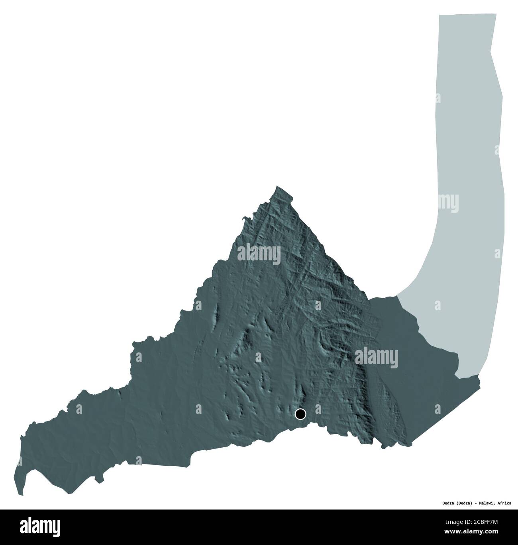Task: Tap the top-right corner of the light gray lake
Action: coord(496,14)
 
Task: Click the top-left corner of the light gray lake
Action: coord(439,15)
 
